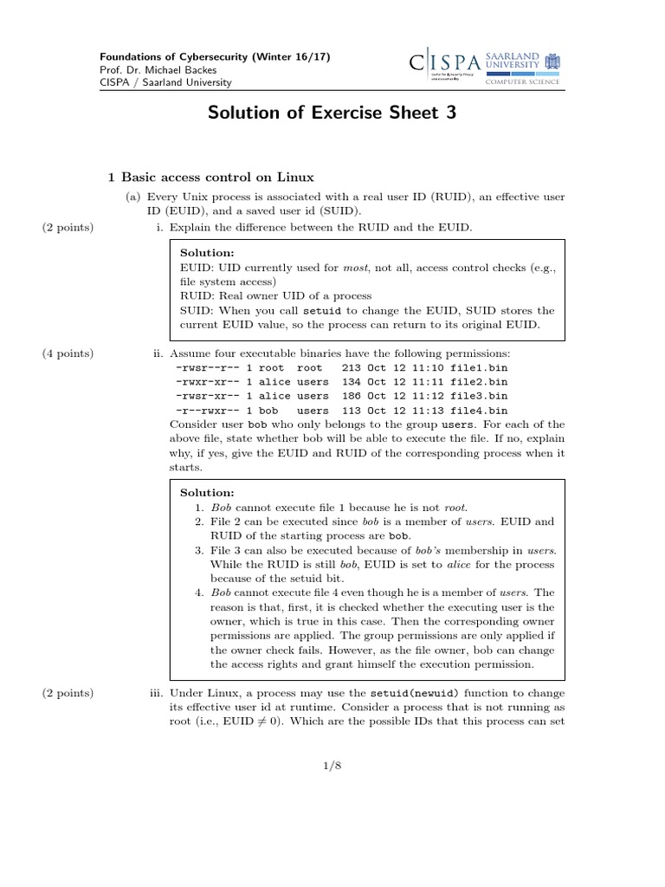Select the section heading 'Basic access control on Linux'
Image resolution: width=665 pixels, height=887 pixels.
(x=212, y=178)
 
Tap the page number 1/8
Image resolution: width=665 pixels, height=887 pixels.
(x=332, y=766)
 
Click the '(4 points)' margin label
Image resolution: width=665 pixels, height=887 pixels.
(x=68, y=353)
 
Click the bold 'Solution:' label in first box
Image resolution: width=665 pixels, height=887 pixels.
(x=207, y=252)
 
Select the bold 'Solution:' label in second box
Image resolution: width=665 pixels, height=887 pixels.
(x=207, y=491)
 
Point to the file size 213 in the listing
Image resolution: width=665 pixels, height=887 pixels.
(x=352, y=368)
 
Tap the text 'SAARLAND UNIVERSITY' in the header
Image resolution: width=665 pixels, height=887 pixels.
(x=513, y=58)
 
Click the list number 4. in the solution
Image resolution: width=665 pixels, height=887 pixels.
(x=198, y=592)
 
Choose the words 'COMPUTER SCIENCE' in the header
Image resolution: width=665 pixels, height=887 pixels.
(x=522, y=81)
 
